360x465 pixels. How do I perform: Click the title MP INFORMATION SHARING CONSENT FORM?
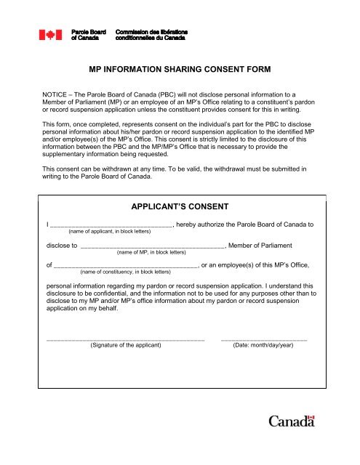180,70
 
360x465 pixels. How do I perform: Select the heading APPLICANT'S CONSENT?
180,206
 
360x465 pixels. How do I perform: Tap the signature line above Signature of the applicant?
125,339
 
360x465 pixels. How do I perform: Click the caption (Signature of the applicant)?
125,346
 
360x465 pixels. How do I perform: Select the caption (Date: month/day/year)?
263,346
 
